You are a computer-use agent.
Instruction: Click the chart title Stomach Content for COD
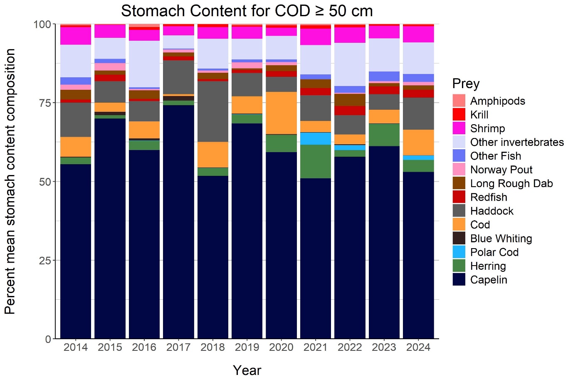tap(247, 11)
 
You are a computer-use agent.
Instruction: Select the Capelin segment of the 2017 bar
tap(178, 220)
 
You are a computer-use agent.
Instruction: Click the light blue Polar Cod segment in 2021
tap(315, 138)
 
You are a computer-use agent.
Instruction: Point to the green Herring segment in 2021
tap(315, 161)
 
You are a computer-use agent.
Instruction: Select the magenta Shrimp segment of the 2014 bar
tap(76, 36)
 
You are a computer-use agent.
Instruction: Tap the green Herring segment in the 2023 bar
tap(384, 135)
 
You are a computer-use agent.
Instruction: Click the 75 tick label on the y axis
tap(42, 103)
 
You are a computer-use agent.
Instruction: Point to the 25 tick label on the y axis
tap(42, 260)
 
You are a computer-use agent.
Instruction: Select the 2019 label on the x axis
tap(247, 347)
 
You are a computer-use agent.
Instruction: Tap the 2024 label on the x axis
tap(418, 347)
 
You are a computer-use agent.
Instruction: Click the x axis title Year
tap(247, 370)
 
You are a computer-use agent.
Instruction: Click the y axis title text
tap(10, 181)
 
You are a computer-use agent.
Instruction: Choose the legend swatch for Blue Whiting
tap(459, 238)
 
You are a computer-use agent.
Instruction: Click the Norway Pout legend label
tap(501, 170)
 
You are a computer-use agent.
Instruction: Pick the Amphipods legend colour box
tap(459, 101)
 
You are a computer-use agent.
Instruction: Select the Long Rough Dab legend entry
tap(511, 183)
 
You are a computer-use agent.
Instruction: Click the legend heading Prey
tap(466, 84)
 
